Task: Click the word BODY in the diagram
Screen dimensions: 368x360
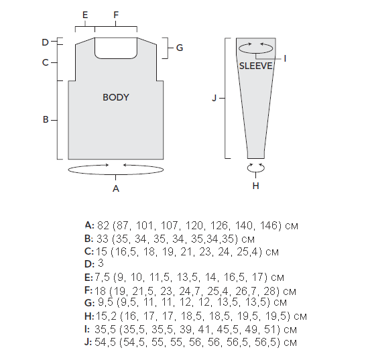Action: [116, 97]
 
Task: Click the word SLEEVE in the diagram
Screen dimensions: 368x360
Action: [255, 66]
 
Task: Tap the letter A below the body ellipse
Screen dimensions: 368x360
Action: [116, 188]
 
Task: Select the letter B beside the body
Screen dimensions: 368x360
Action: [46, 119]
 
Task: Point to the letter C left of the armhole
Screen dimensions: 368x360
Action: [46, 62]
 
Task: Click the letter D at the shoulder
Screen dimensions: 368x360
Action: [45, 42]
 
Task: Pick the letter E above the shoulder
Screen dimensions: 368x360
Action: [85, 15]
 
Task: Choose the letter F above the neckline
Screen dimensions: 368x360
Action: [116, 15]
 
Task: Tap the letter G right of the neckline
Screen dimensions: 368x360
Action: [179, 48]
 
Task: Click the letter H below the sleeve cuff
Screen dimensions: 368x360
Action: [256, 186]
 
